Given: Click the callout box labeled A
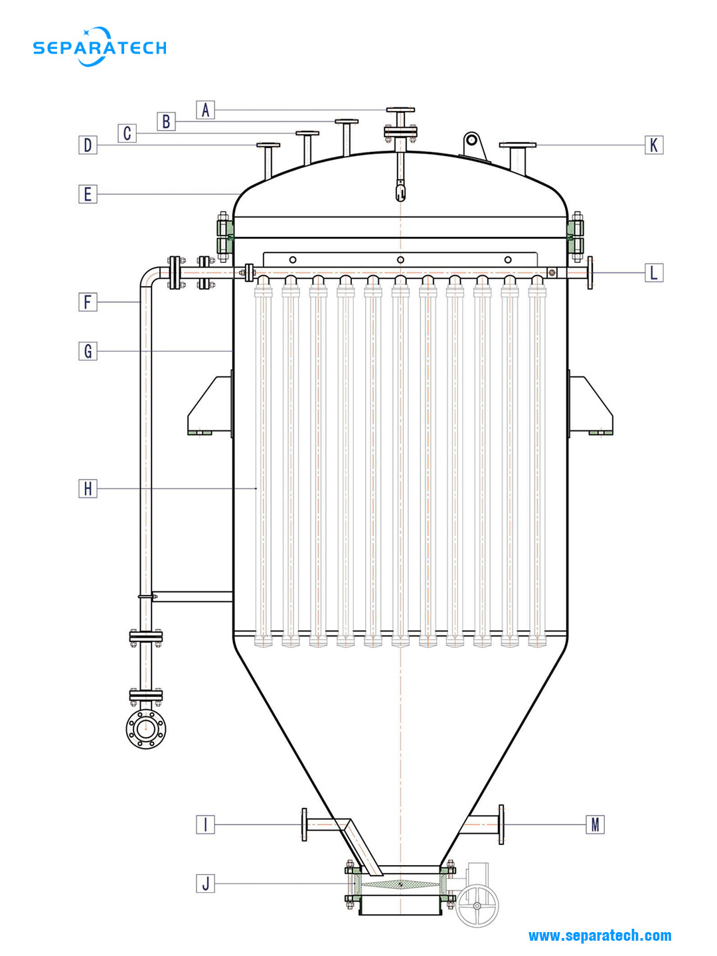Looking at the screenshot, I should tap(205, 110).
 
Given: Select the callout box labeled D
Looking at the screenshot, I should tap(88, 145).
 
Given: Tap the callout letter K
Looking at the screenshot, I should tap(654, 145).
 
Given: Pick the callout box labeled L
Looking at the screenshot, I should tap(654, 272).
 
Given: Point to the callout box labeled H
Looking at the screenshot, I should tap(88, 489).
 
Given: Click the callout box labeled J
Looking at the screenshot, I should tap(205, 883).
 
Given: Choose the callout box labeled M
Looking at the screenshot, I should tap(595, 825).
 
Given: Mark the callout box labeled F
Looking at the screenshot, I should tap(88, 302).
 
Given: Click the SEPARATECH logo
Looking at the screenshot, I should tap(100, 47).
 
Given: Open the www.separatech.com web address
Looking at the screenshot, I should tap(599, 935).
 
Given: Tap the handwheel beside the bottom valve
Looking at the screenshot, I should tap(477, 906).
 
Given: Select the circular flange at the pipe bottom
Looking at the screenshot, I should tap(146, 728).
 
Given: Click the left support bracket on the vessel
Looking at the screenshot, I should tap(210, 406).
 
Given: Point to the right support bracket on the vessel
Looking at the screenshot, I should tap(590, 406).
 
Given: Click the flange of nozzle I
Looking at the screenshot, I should tap(305, 825).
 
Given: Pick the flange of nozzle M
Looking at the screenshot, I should tap(501, 825).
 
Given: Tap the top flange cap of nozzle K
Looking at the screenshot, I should tap(518, 144).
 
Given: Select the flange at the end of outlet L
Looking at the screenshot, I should tap(590, 272).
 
